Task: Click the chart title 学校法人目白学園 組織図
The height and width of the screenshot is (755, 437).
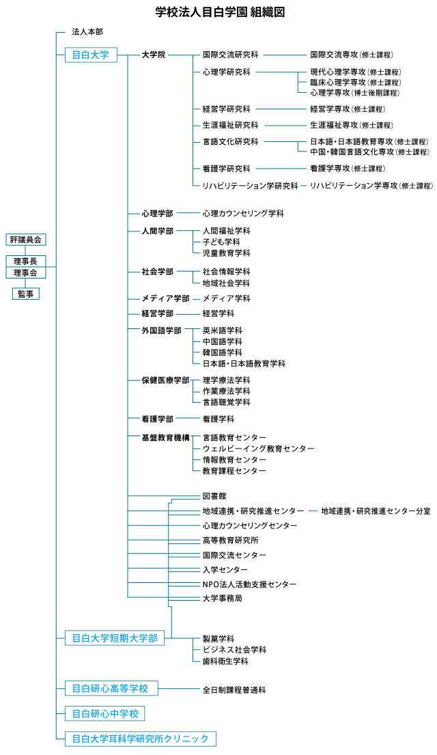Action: pyautogui.click(x=219, y=12)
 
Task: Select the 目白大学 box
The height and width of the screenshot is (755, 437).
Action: pyautogui.click(x=91, y=55)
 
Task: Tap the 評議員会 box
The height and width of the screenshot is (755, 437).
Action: pyautogui.click(x=26, y=240)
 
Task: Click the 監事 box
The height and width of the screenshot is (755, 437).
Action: pyautogui.click(x=26, y=294)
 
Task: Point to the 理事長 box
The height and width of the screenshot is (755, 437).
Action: pyautogui.click(x=26, y=261)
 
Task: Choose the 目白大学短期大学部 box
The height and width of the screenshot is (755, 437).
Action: pyautogui.click(x=115, y=638)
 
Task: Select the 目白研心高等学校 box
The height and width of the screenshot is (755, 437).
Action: pyautogui.click(x=111, y=688)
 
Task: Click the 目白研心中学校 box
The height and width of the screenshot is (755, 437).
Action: pyautogui.click(x=105, y=713)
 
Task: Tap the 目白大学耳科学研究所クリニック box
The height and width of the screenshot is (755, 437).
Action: pyautogui.click(x=141, y=739)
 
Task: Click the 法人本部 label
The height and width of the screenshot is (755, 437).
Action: pyautogui.click(x=87, y=32)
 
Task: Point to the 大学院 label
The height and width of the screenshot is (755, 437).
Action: pyautogui.click(x=153, y=55)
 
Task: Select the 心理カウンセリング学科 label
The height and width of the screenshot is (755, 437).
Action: pyautogui.click(x=242, y=214)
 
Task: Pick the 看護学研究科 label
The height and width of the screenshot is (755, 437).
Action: pyautogui.click(x=226, y=169)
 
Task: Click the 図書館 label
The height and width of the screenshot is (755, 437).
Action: pyautogui.click(x=214, y=496)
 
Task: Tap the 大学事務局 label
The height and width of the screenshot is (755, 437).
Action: pyautogui.click(x=222, y=598)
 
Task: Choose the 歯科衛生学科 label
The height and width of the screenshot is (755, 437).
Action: pyautogui.click(x=225, y=661)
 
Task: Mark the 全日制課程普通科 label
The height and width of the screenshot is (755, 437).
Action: pyautogui.click(x=234, y=690)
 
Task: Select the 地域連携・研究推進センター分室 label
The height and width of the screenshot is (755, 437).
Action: pyautogui.click(x=376, y=511)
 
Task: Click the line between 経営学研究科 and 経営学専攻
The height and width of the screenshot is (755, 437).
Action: pyautogui.click(x=280, y=109)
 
